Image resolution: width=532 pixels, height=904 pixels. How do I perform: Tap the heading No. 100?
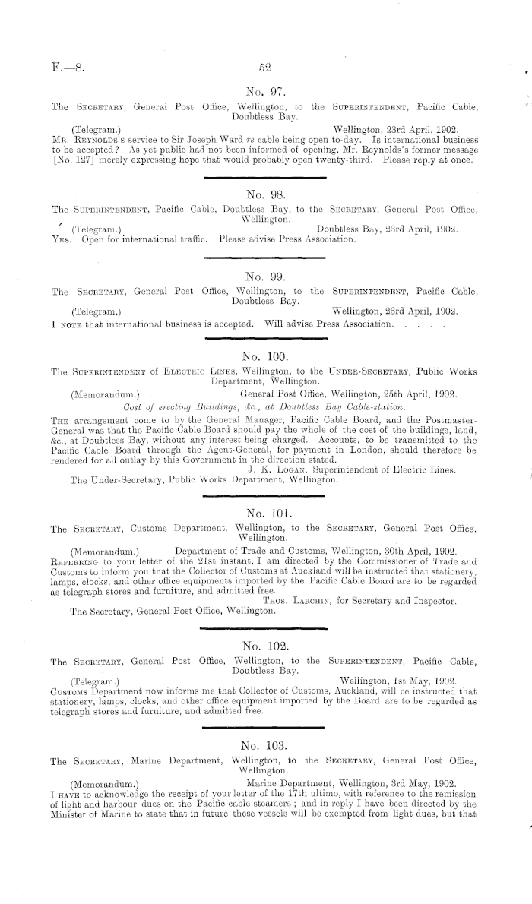coord(266,355)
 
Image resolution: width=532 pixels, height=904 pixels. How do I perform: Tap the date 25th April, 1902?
coord(415,394)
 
